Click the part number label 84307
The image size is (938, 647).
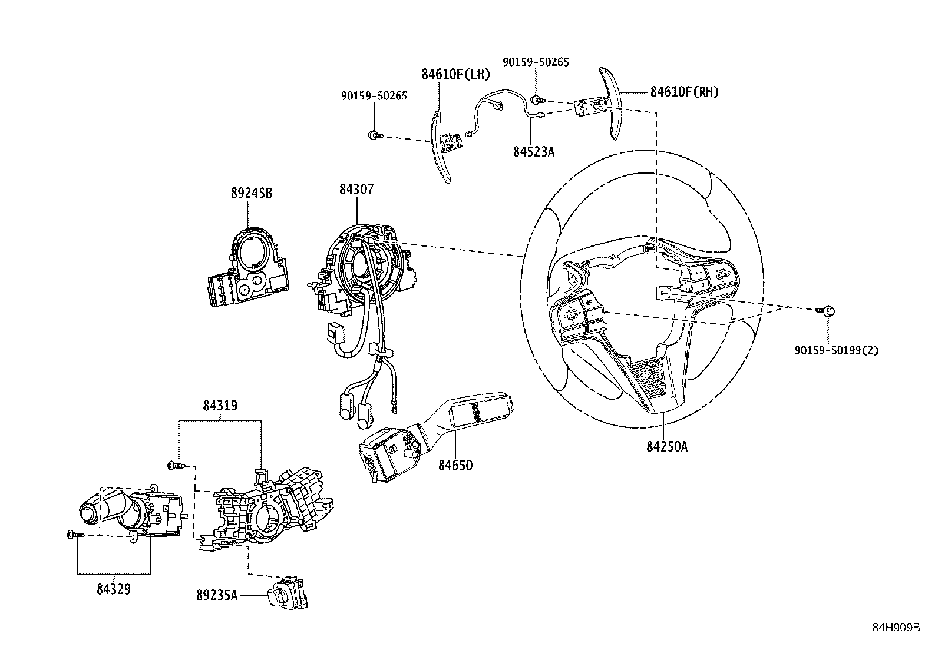tap(356, 190)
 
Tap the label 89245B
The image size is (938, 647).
tap(252, 193)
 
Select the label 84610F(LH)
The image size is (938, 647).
tap(455, 75)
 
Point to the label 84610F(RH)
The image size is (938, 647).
tap(684, 92)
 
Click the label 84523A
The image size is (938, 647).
tap(533, 152)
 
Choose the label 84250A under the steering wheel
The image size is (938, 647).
tap(666, 446)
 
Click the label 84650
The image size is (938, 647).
tap(455, 465)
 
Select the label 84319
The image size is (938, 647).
tap(220, 406)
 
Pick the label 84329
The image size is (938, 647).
tap(113, 588)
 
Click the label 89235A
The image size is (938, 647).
tap(217, 595)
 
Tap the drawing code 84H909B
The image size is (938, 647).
tap(896, 628)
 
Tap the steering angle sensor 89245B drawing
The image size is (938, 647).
tap(247, 268)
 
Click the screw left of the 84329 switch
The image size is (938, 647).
tap(72, 535)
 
